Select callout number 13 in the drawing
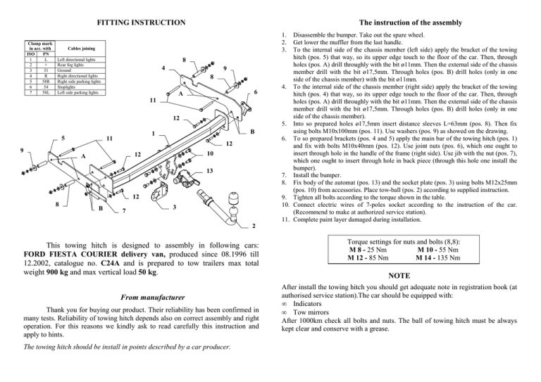[209, 170]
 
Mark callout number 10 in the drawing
[210, 154]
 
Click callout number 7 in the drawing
[123, 212]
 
